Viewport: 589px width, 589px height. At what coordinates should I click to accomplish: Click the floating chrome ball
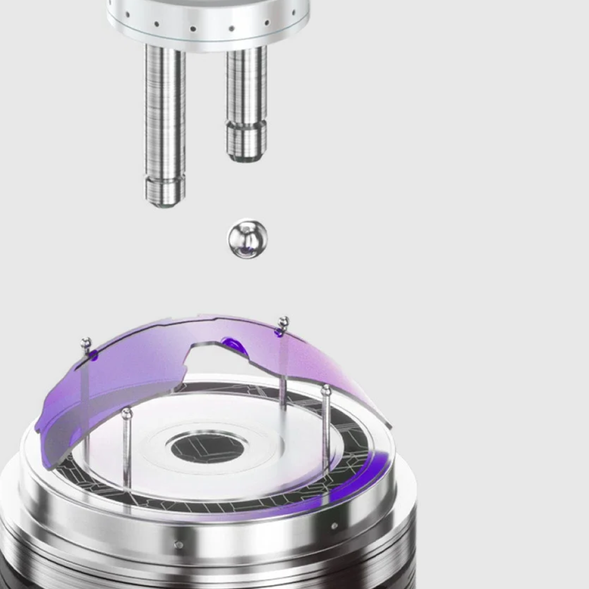247,238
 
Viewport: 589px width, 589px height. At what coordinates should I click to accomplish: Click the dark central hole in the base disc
207,448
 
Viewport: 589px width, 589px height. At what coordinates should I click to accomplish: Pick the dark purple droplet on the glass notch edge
234,346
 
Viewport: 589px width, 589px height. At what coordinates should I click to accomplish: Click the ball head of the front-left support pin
127,413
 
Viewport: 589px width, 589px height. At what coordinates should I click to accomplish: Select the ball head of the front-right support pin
326,391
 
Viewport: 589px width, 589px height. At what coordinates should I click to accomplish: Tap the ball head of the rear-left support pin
86,343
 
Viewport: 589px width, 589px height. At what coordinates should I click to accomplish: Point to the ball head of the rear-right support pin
283,322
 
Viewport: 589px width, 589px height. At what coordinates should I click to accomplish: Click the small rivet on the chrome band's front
179,544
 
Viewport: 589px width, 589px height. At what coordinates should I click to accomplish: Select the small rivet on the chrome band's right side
334,525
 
